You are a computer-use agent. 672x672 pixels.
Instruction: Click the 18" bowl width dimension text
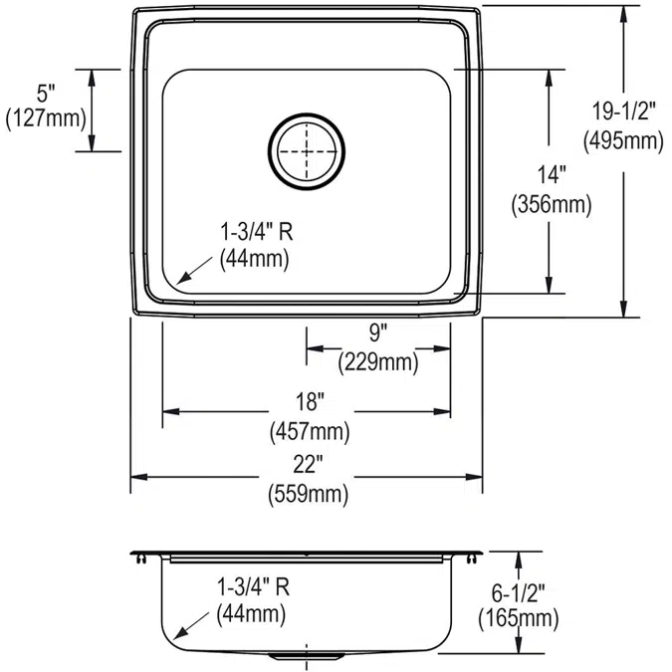pyautogui.click(x=309, y=403)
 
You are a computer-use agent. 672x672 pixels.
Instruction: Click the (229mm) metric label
pyautogui.click(x=377, y=362)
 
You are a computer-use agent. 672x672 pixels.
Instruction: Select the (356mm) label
pyautogui.click(x=551, y=206)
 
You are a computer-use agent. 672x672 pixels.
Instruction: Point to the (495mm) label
pyautogui.click(x=624, y=140)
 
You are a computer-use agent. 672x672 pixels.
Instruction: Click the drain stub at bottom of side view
pyautogui.click(x=307, y=658)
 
